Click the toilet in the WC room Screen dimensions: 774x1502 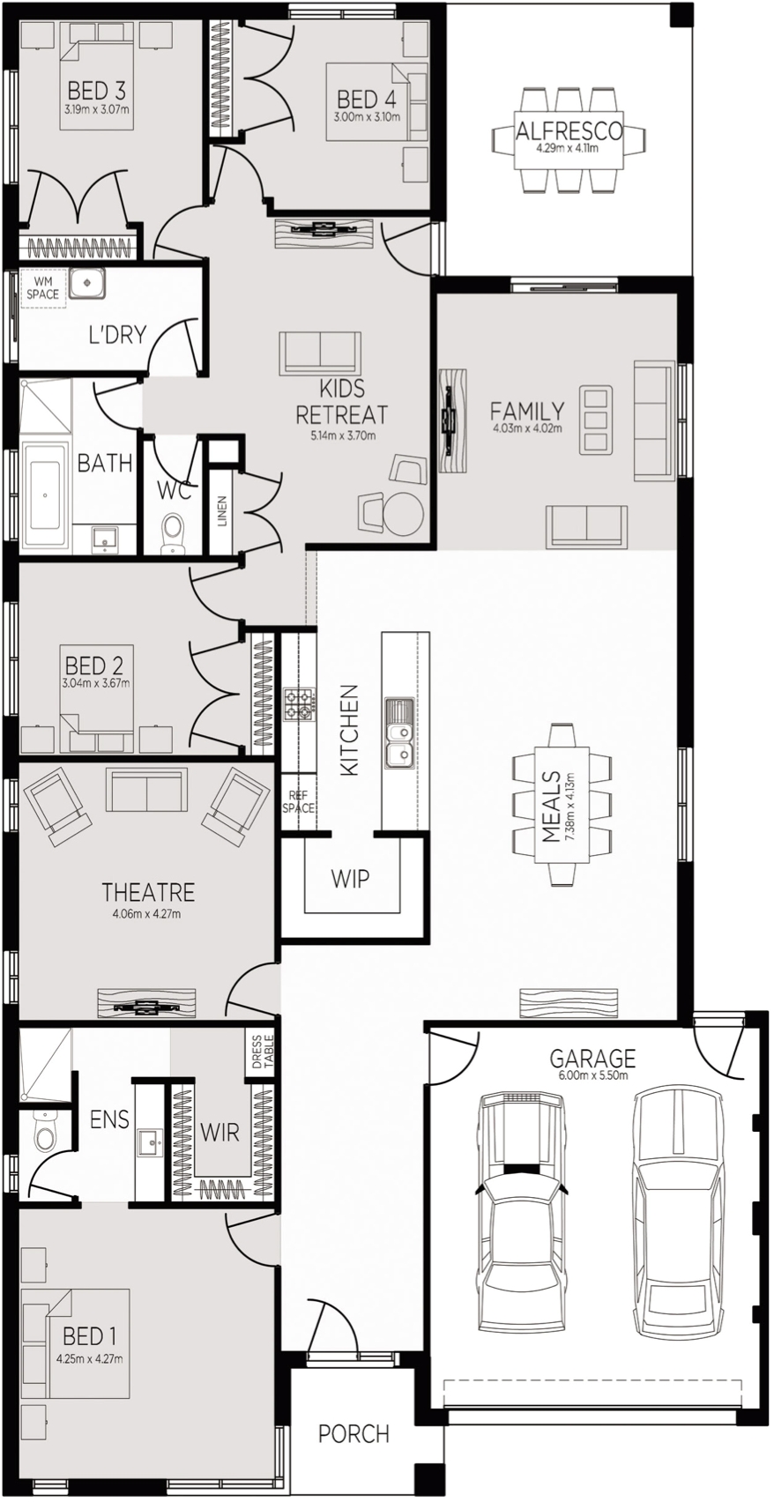172,533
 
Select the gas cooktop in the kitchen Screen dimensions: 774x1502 297,705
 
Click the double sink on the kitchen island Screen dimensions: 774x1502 399,733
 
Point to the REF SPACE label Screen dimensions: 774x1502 298,802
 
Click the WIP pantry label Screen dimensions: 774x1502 350,878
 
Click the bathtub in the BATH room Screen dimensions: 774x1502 45,494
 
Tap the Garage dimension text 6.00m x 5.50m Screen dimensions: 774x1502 592,1076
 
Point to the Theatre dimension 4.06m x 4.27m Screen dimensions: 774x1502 148,912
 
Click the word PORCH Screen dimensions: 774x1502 354,1433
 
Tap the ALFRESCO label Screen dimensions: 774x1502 569,130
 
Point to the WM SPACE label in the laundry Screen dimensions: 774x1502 43,288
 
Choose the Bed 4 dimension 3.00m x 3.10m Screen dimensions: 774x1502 367,116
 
